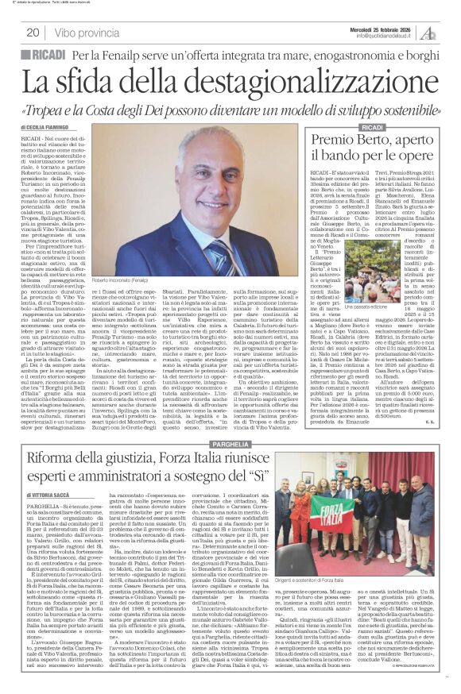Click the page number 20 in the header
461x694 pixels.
click(33, 33)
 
